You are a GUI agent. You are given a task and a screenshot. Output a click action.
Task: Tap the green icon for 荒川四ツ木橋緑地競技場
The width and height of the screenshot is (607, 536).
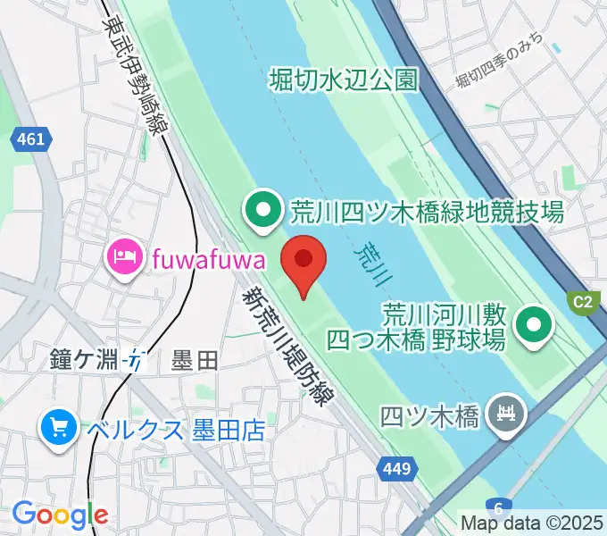pyautogui.click(x=263, y=212)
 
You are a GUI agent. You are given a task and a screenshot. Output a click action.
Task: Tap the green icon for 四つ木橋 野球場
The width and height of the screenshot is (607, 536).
pyautogui.click(x=536, y=326)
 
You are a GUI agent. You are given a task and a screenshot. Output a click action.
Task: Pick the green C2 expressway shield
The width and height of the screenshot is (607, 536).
pyautogui.click(x=583, y=302)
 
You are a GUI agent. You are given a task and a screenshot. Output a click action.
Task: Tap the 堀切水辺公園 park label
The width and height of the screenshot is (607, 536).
pyautogui.click(x=344, y=81)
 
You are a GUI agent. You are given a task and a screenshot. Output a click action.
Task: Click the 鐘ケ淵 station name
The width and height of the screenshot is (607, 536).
pyautogui.click(x=85, y=361)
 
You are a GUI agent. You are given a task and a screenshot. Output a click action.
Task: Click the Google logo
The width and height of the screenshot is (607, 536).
pyautogui.click(x=60, y=515)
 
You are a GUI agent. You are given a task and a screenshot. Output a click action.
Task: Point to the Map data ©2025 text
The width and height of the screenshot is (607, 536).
pyautogui.click(x=533, y=523)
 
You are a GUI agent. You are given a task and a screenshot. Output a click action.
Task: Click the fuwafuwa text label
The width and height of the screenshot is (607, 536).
pyautogui.click(x=209, y=260)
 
